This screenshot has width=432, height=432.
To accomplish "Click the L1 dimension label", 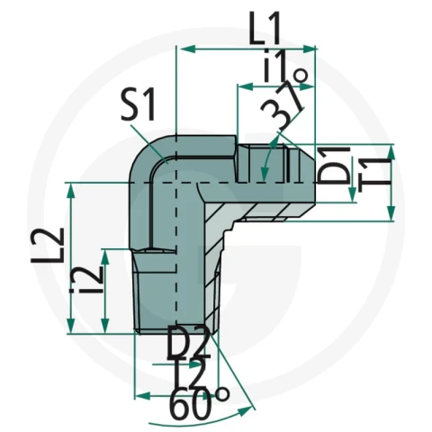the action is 265,28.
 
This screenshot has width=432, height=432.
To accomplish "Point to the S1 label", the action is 139,104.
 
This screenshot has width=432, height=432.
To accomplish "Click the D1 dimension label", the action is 334,166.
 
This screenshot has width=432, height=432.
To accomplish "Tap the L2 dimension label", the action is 48,245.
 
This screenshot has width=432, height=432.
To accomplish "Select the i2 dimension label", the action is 87,279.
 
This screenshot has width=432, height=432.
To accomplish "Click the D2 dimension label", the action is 188,343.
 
